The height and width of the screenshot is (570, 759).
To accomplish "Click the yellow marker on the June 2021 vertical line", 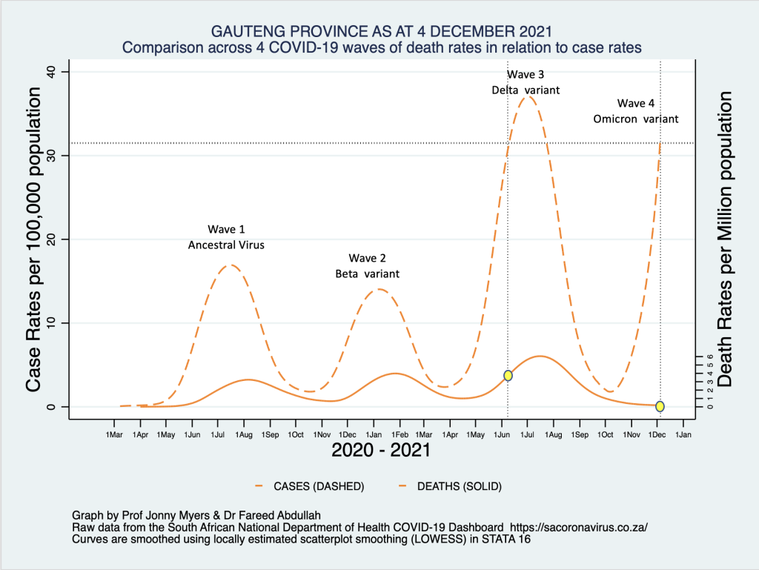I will click(508, 376).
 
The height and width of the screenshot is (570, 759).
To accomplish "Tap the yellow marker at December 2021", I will click(660, 406).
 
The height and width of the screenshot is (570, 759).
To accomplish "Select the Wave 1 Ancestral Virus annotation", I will click(226, 236).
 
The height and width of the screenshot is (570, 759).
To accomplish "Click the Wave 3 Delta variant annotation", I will click(526, 82).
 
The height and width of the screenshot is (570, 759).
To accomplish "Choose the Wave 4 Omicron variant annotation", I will click(636, 111).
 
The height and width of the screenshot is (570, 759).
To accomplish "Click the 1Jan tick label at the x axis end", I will click(683, 433).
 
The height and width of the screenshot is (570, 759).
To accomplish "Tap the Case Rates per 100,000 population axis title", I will click(33, 239).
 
